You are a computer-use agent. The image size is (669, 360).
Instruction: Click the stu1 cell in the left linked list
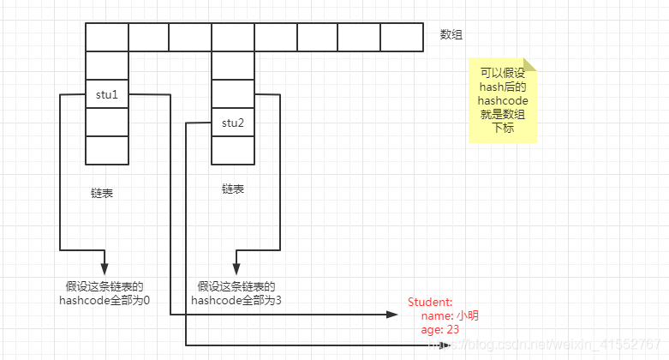(107, 94)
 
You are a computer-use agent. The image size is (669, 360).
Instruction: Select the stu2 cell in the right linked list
(233, 123)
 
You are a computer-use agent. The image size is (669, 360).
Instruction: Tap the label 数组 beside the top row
(452, 34)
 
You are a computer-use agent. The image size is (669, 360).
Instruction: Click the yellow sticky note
(503, 101)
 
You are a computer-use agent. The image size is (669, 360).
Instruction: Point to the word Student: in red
(430, 302)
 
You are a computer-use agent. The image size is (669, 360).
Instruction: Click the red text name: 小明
(450, 316)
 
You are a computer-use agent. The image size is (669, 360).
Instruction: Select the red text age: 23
(441, 330)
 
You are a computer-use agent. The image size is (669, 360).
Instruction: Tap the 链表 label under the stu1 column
(102, 193)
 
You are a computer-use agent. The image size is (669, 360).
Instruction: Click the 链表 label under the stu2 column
(233, 188)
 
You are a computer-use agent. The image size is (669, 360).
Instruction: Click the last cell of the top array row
(402, 37)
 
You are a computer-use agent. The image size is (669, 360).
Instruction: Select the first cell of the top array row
(107, 37)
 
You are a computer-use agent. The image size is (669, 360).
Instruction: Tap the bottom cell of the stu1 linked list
(107, 150)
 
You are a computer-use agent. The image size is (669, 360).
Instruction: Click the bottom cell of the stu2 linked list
(233, 150)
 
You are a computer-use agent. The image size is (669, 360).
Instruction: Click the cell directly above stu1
(107, 66)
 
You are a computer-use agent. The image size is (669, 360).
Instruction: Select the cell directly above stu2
(233, 93)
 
